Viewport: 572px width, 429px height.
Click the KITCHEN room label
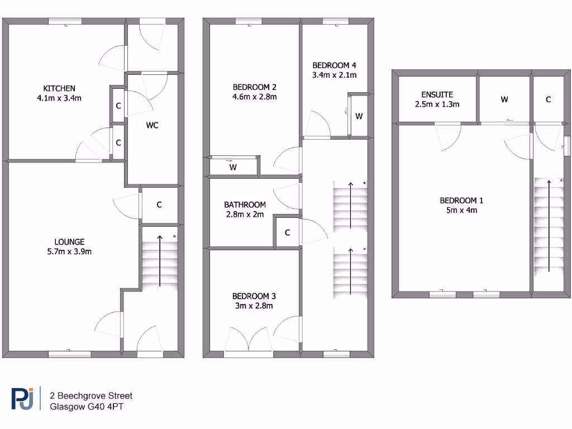tap(59, 88)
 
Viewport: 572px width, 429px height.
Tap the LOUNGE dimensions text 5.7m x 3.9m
tap(69, 251)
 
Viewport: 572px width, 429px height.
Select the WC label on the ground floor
tap(152, 125)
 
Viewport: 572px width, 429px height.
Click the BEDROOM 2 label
tap(255, 87)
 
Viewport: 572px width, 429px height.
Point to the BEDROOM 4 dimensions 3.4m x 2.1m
tap(334, 74)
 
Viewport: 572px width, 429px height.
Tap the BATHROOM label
tap(245, 205)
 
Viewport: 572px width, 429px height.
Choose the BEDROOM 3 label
tap(254, 296)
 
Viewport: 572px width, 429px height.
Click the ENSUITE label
tap(437, 94)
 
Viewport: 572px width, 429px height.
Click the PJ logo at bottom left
tap(23, 400)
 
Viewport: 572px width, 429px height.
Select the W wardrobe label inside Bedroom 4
tap(359, 116)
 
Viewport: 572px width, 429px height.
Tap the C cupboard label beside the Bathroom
tap(288, 233)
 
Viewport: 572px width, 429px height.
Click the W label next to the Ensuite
tap(504, 99)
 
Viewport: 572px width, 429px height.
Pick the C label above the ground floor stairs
tap(159, 205)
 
